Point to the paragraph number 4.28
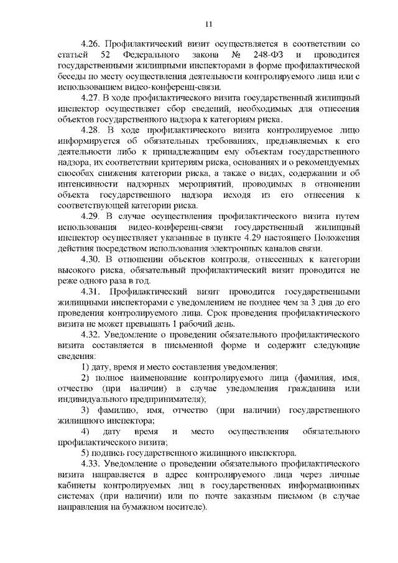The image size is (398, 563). tap(91, 131)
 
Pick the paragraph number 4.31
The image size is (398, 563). tap(91, 291)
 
